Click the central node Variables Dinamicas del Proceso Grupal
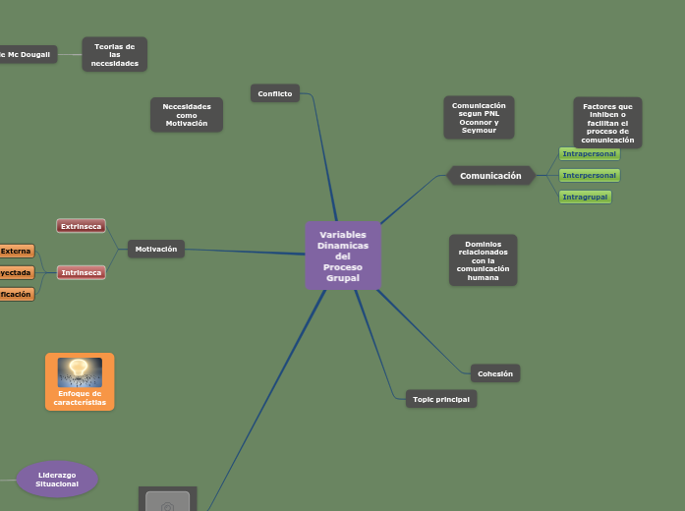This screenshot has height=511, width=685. (343, 256)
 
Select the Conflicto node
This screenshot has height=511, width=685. (275, 93)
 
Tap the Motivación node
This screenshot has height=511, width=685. (156, 250)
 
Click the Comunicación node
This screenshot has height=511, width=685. (490, 176)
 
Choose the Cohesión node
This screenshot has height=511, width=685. (495, 373)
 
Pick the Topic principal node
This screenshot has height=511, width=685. (440, 399)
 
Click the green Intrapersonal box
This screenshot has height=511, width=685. (590, 154)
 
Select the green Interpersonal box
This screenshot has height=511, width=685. (590, 176)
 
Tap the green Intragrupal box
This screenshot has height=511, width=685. (585, 198)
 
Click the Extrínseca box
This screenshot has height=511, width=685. (82, 226)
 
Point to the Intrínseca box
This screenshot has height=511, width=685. (82, 272)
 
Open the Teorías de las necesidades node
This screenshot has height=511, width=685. (115, 55)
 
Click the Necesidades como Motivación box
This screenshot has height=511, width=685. (187, 115)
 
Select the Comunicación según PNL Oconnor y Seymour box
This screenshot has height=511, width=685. (479, 118)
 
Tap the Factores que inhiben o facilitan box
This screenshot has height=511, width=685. (607, 123)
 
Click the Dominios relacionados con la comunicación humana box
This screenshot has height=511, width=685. (483, 260)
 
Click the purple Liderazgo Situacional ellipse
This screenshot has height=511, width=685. (57, 480)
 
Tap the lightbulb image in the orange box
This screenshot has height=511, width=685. (80, 372)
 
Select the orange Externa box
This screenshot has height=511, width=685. (16, 252)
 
